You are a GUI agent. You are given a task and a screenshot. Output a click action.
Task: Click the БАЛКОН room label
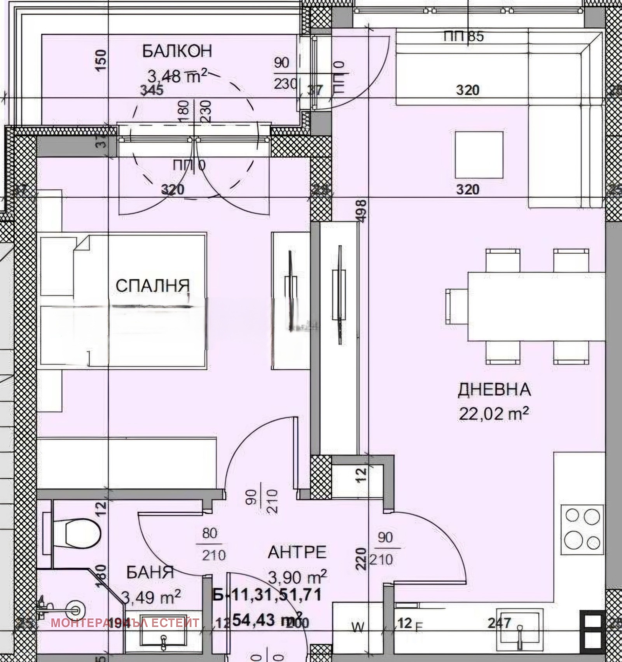click(x=177, y=51)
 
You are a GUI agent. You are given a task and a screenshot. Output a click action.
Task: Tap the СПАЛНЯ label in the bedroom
click(x=152, y=286)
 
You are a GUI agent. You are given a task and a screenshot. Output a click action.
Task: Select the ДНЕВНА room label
click(x=494, y=390)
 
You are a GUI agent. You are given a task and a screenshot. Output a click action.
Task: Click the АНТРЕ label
click(x=297, y=552)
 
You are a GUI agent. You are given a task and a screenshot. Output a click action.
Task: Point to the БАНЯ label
click(x=150, y=572)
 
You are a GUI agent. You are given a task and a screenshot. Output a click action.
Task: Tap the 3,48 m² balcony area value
click(x=177, y=76)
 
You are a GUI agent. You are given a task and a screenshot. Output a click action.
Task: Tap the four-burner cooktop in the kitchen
click(x=582, y=528)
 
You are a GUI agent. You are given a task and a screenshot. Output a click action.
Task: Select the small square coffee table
click(x=479, y=155)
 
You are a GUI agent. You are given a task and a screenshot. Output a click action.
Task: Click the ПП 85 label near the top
click(x=463, y=37)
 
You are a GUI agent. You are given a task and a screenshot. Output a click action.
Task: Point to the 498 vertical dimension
click(x=362, y=211)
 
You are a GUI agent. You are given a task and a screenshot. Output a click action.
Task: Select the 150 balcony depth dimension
click(x=100, y=60)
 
